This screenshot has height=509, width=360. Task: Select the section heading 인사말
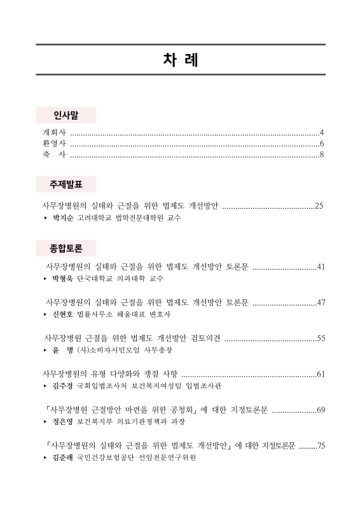[x=66, y=115]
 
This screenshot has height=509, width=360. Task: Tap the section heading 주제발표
[x=66, y=185]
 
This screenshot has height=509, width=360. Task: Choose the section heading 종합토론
[x=66, y=246]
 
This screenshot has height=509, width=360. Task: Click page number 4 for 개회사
[x=322, y=132]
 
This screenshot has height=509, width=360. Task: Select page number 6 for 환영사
[x=322, y=143]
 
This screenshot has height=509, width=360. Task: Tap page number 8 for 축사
[x=322, y=154]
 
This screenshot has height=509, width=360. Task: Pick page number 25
[x=320, y=206]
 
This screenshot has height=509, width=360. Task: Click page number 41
[x=321, y=266]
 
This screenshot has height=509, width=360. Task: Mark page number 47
[x=321, y=302]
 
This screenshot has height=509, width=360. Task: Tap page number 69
[x=321, y=409]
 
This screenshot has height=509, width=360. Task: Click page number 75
[x=321, y=445]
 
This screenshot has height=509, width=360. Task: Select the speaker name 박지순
[x=63, y=218]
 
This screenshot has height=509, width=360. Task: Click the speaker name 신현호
[x=63, y=314]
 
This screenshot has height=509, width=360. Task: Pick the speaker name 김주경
[x=63, y=386]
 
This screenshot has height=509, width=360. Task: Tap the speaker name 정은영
[x=63, y=422]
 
